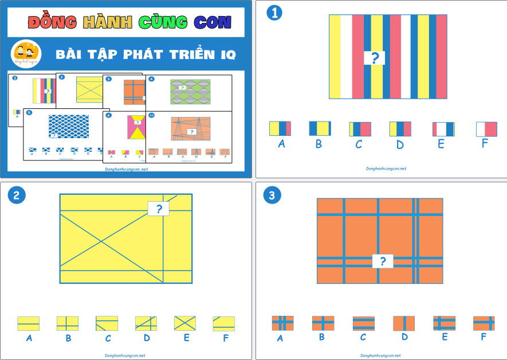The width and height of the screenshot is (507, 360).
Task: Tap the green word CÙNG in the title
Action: [163, 22]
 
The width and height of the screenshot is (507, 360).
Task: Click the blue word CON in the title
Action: [213, 22]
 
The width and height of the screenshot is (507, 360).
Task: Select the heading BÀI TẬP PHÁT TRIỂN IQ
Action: [146, 55]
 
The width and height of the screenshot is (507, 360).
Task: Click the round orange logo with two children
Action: [25, 53]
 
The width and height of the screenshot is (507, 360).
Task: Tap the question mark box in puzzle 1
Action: [375, 57]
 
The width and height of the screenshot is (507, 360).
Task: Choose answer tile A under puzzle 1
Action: [280, 128]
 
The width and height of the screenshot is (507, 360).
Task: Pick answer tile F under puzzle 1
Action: [486, 129]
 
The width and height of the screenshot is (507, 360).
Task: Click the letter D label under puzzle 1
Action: [399, 143]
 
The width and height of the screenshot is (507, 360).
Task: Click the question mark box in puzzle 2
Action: [159, 209]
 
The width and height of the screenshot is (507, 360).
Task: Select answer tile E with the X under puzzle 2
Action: [185, 323]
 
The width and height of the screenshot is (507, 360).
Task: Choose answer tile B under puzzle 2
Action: [68, 323]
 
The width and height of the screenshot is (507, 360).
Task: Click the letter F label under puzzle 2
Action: [225, 338]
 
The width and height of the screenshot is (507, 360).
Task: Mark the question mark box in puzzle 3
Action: [383, 262]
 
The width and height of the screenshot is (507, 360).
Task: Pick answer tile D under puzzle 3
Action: [404, 323]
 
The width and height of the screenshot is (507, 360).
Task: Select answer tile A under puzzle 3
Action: [282, 323]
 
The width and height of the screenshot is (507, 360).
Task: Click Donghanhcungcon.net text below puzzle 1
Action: [386, 169]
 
